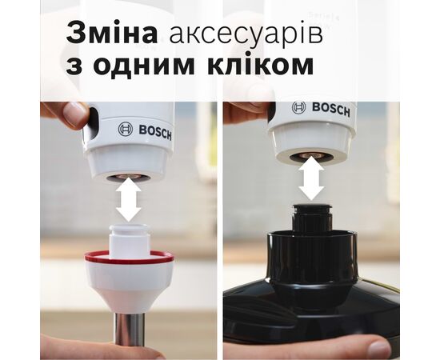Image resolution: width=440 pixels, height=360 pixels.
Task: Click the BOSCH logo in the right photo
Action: point(322,109)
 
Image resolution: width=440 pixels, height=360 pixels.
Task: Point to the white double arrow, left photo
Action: point(127,200)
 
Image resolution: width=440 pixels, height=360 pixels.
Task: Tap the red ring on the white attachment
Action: point(127,258)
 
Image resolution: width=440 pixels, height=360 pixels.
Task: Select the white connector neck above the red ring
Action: point(127,238)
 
